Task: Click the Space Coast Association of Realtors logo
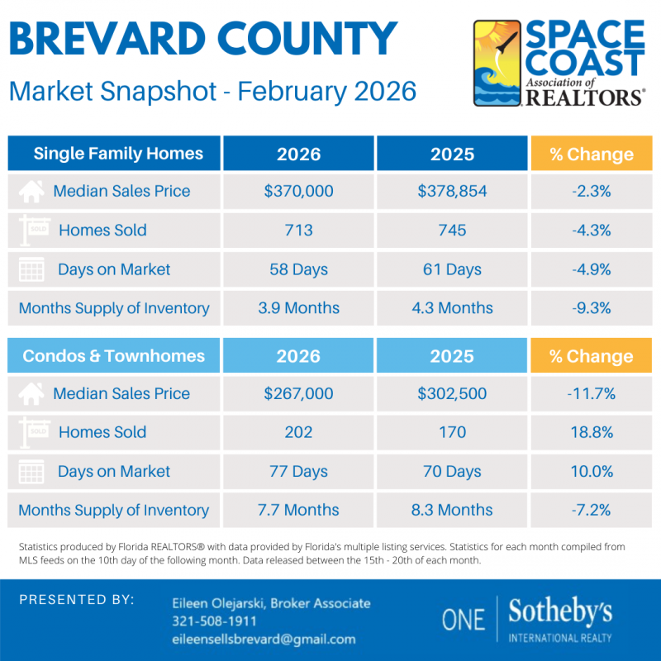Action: click(559, 64)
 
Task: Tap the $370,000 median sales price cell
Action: click(298, 192)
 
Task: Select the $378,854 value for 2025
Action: click(452, 192)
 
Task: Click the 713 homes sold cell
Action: click(298, 231)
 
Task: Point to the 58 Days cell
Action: click(298, 269)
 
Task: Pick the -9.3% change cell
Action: click(591, 308)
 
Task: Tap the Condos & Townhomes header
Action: click(114, 356)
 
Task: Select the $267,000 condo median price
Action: click(298, 394)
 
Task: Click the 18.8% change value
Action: click(591, 432)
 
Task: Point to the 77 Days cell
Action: click(298, 472)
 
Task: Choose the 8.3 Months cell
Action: click(452, 510)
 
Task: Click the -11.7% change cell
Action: click(591, 394)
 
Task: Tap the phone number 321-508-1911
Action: click(214, 621)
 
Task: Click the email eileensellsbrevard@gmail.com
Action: click(264, 639)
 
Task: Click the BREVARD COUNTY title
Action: click(203, 39)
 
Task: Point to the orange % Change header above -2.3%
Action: click(591, 155)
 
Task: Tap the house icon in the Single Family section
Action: click(31, 192)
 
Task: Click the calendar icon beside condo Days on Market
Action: click(31, 472)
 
